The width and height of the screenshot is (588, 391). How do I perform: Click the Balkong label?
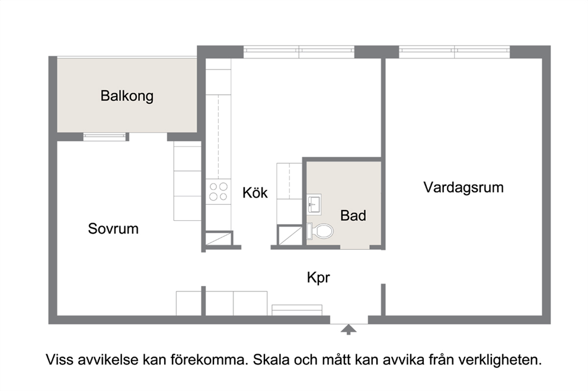pyautogui.click(x=127, y=96)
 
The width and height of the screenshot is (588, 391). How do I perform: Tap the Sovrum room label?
pyautogui.click(x=113, y=228)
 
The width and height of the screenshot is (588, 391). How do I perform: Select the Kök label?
pyautogui.click(x=255, y=193)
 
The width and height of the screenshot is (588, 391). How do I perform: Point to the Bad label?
pyautogui.click(x=353, y=215)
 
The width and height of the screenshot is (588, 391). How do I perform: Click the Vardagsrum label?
pyautogui.click(x=463, y=188)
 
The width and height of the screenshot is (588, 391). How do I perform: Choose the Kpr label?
pyautogui.click(x=318, y=277)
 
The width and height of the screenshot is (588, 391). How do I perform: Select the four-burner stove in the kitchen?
pyautogui.click(x=218, y=191)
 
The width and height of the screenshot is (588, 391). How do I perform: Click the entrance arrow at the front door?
pyautogui.click(x=349, y=329)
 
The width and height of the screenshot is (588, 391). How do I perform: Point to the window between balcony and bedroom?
pyautogui.click(x=106, y=137)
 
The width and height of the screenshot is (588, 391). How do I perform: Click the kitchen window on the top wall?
pyautogui.click(x=299, y=52)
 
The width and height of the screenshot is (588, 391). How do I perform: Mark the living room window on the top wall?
pyautogui.click(x=455, y=52)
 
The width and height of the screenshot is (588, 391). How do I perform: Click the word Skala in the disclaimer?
pyautogui.click(x=272, y=360)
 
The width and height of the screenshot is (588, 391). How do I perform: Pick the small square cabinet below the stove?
pyautogui.click(x=216, y=239)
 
